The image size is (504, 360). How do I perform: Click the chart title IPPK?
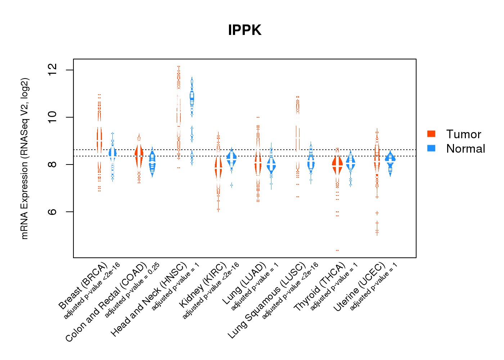point(244,30)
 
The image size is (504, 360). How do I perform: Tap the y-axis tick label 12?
point(53,70)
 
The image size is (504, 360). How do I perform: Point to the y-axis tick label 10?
point(53,117)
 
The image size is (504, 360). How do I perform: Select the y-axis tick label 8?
point(53,165)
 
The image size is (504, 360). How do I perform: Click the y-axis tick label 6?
point(53,212)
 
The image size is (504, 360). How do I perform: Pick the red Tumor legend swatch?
point(431,134)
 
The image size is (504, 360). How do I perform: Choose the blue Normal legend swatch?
point(431,148)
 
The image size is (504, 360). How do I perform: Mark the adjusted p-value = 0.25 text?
point(132,291)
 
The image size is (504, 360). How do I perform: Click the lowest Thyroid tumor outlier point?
point(337,250)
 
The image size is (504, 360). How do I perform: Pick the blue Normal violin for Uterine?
point(390,159)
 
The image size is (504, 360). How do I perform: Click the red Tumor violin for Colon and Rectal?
point(139,155)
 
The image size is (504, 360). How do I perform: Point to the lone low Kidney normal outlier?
point(231,185)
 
